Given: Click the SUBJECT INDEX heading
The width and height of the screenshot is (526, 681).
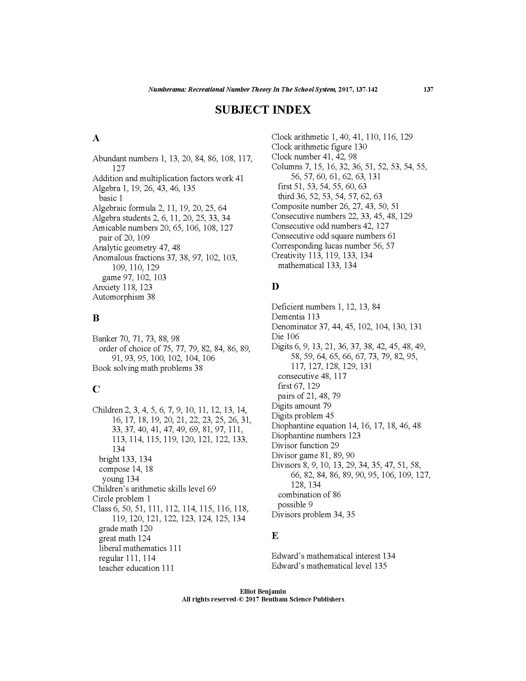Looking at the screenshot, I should click(x=263, y=110).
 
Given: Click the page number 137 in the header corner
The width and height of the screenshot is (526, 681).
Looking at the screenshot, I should click(x=429, y=90).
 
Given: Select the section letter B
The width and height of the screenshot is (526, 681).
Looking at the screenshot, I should click(x=96, y=318).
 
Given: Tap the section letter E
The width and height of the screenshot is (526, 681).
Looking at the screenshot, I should click(x=275, y=536).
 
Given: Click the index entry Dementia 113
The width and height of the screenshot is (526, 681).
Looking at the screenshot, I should click(x=295, y=317).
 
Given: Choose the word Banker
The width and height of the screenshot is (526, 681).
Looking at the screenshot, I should click(x=105, y=339).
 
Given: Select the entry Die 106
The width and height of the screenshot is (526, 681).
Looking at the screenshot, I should click(x=285, y=336).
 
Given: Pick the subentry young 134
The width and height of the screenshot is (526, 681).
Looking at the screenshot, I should click(x=121, y=479).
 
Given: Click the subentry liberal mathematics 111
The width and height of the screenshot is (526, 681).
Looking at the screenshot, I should click(x=140, y=548).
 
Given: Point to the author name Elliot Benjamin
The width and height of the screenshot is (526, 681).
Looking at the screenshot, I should click(x=263, y=592).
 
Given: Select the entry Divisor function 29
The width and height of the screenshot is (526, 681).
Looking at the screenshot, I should click(x=305, y=445).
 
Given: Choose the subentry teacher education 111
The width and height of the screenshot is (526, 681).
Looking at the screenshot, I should click(x=136, y=568).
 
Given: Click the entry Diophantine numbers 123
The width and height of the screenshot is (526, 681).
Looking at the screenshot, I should click(x=316, y=435).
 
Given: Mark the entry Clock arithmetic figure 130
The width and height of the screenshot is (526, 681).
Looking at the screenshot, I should click(x=319, y=146).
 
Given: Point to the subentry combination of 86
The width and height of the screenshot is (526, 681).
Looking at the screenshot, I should click(x=309, y=495).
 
